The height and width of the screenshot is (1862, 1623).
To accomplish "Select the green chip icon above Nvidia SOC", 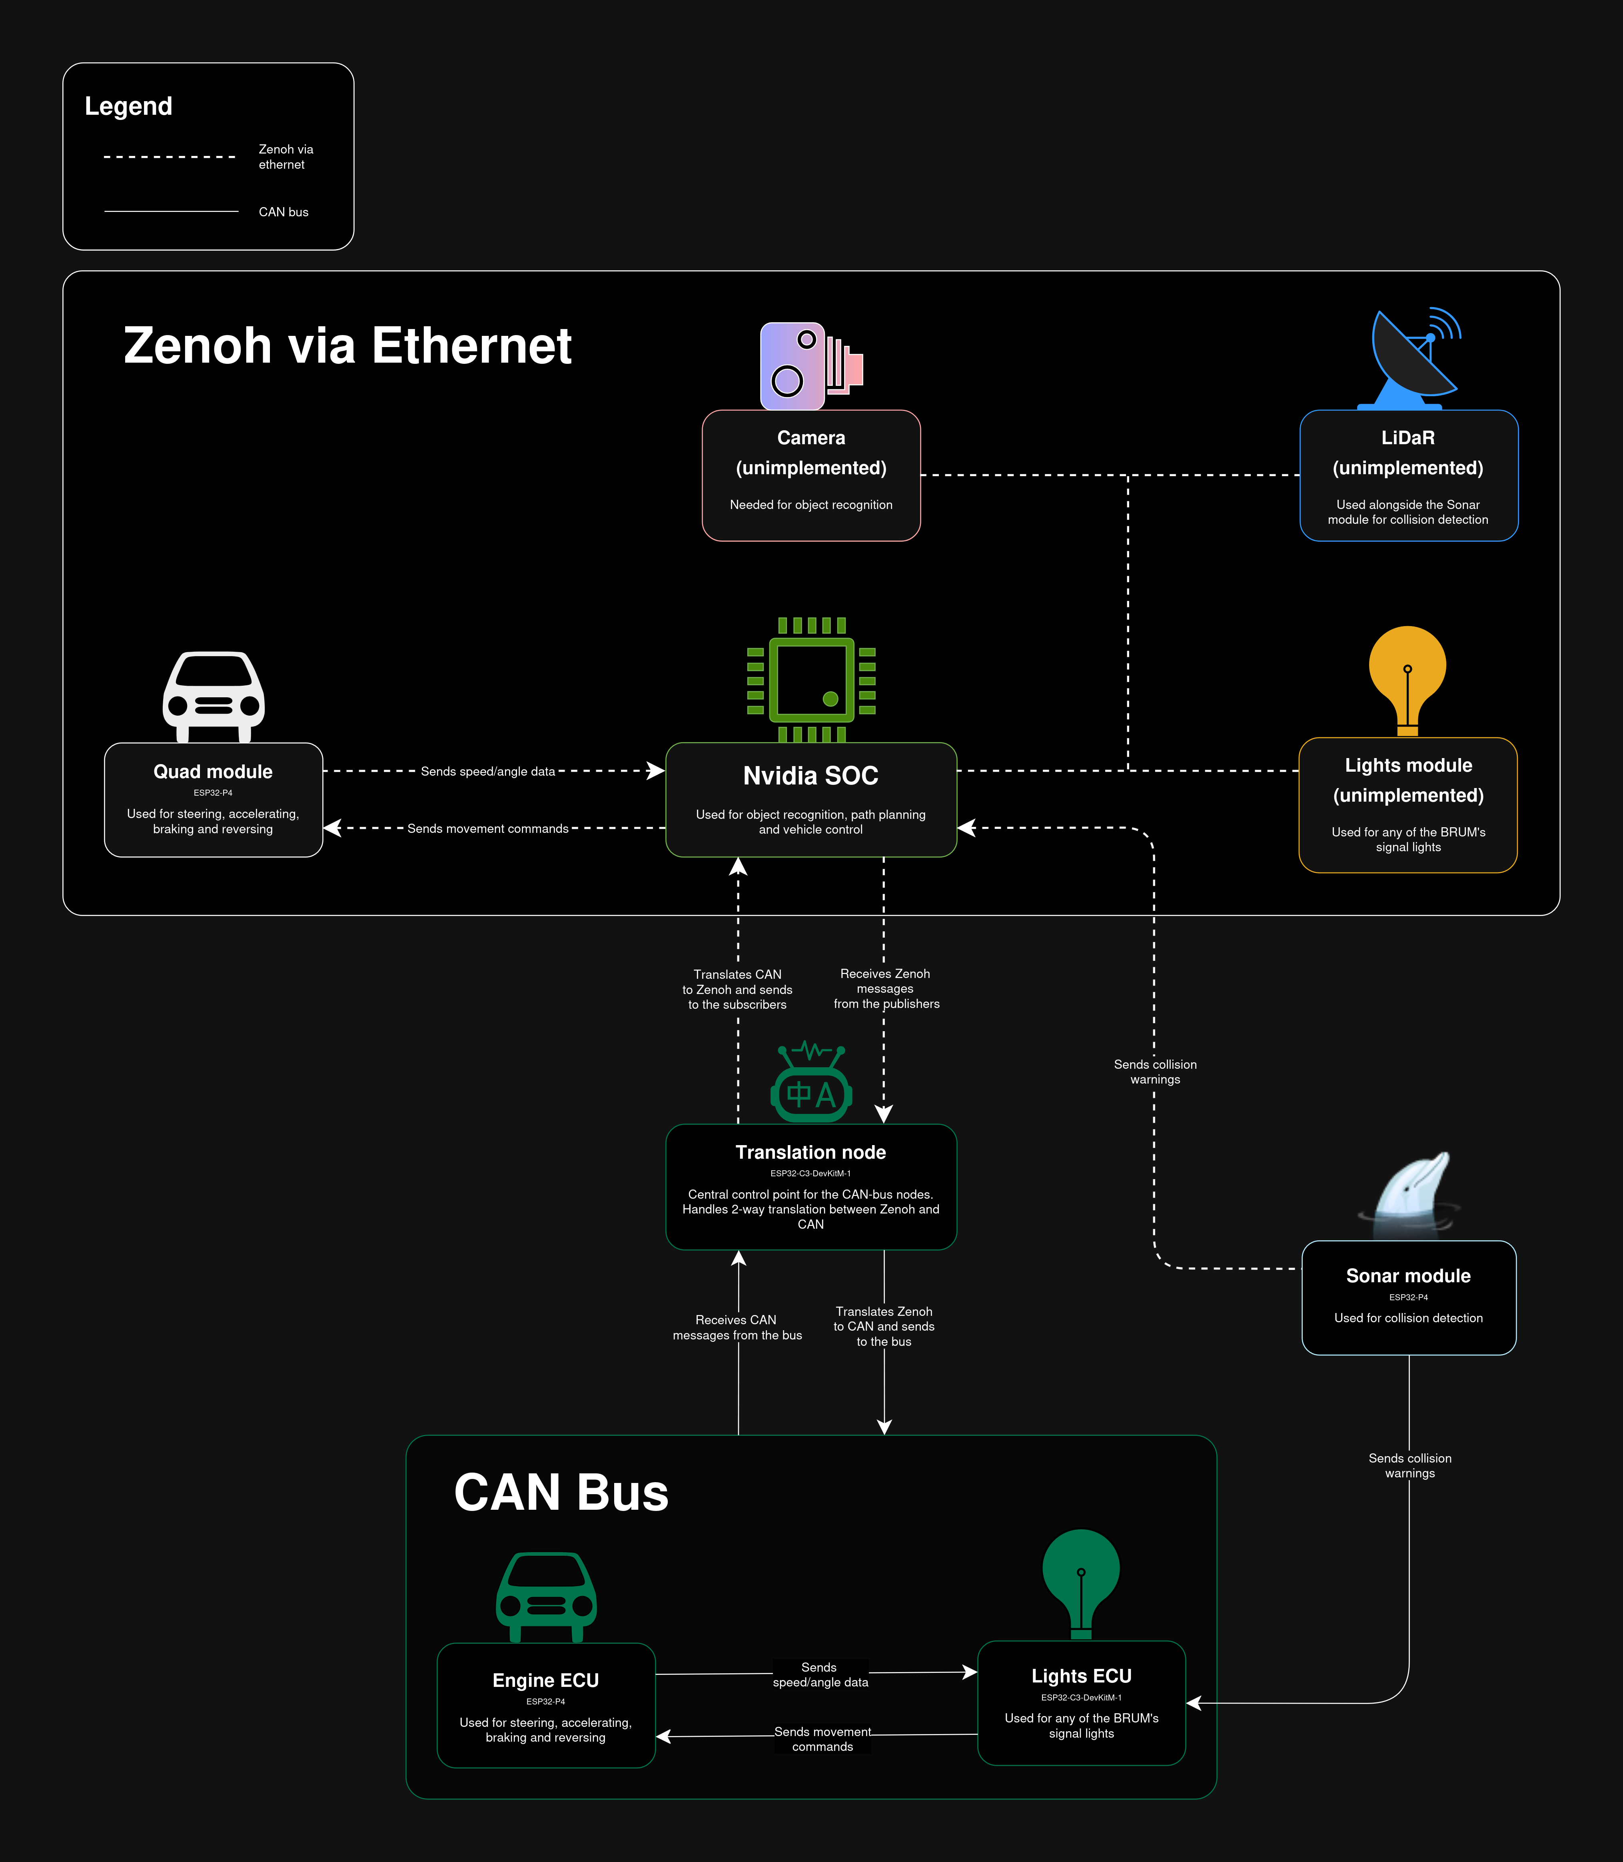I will [811, 679].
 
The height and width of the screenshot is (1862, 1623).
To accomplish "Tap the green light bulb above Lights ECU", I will [1080, 1582].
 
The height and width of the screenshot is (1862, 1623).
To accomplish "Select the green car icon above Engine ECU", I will [546, 1596].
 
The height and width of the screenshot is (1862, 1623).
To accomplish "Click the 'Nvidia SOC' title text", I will [811, 776].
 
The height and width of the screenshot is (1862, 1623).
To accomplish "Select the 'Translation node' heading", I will [811, 1152].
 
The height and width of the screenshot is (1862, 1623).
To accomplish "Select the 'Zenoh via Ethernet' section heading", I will [348, 346].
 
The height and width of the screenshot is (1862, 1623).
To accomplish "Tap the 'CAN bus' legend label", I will [283, 212].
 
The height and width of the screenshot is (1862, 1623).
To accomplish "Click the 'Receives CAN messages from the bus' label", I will [737, 1328].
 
